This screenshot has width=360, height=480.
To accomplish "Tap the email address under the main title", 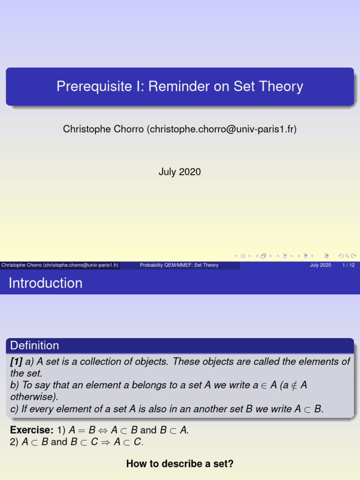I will coord(222,129).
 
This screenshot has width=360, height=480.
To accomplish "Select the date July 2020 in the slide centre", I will coord(180,172).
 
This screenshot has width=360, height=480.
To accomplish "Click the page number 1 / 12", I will coord(348,265).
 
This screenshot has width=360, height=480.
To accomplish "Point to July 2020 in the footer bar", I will coord(320,265).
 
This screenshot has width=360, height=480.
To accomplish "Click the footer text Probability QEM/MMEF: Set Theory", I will coord(179,265).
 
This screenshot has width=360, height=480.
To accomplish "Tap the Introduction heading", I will coord(45,283).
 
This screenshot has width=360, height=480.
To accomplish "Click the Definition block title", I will coord(35,345).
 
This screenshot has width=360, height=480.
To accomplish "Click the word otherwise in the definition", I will coord(32,397).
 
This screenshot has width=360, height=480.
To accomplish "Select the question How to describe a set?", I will coord(180,464).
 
